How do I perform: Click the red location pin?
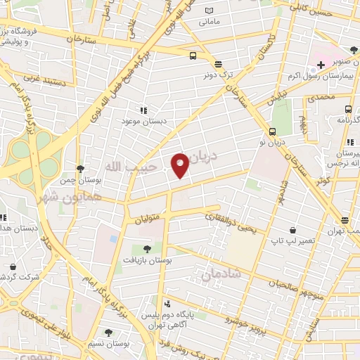pos(180,165)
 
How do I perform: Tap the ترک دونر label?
pos(218,74)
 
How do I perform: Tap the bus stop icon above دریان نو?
pos(271,131)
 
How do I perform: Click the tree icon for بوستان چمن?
pos(81,169)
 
